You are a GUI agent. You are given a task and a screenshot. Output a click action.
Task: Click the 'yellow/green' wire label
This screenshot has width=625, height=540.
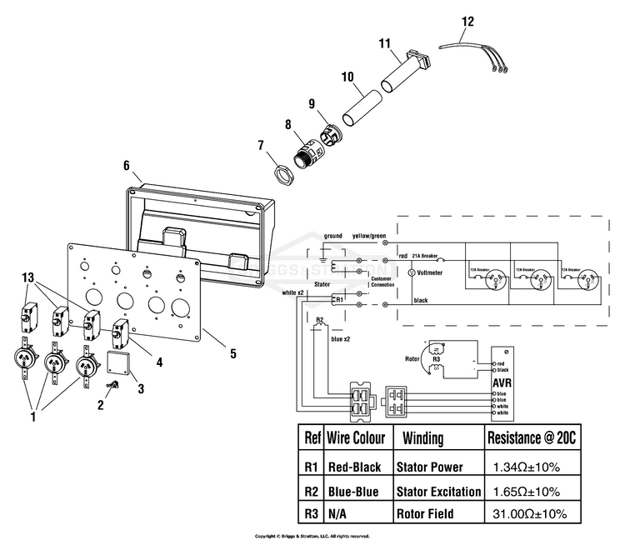369,236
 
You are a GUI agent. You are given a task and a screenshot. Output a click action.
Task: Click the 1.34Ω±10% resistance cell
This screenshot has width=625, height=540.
523,467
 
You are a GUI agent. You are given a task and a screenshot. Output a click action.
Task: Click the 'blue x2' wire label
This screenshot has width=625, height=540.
342,340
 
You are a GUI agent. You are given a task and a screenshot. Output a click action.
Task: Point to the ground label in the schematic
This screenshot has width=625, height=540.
333,237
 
